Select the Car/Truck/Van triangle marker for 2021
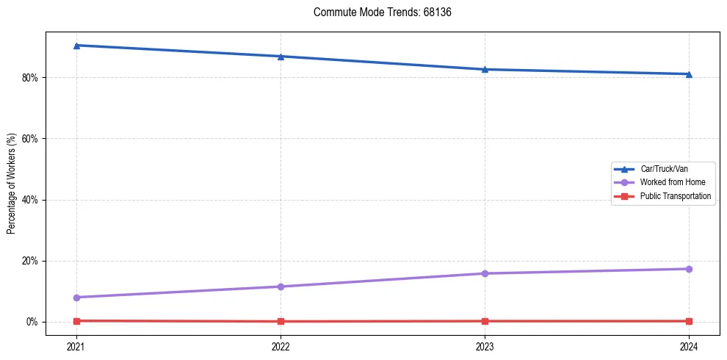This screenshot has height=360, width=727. click(x=76, y=46)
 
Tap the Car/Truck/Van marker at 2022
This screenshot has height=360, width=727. click(x=281, y=57)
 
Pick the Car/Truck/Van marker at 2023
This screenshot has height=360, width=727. click(x=485, y=69)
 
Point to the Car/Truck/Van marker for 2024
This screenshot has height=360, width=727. click(x=689, y=74)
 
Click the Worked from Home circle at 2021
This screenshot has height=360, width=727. click(x=76, y=298)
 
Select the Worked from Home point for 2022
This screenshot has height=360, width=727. click(x=281, y=287)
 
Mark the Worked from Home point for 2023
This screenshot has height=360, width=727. click(x=485, y=273)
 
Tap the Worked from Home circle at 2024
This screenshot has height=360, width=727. click(x=689, y=269)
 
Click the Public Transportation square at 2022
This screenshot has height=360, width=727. click(x=281, y=321)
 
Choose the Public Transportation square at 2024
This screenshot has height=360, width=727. click(x=689, y=321)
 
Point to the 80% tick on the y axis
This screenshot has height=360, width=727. click(x=30, y=78)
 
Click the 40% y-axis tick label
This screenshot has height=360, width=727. click(x=30, y=200)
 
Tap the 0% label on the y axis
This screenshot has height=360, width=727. click(x=32, y=322)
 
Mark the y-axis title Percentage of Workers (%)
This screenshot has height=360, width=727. click(x=12, y=184)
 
